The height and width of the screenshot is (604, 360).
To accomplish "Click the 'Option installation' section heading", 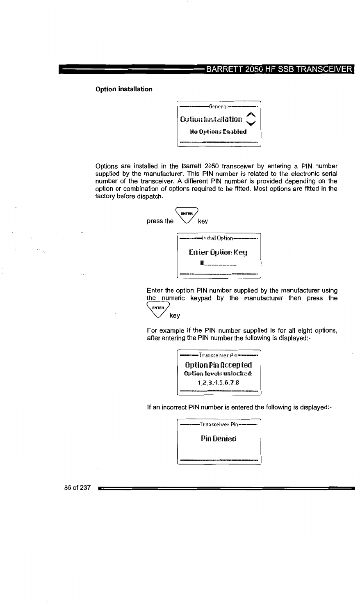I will click(x=124, y=89).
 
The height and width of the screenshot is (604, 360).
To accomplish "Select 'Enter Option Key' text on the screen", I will click(x=218, y=252).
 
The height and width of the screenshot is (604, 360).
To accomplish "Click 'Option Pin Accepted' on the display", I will click(x=218, y=365).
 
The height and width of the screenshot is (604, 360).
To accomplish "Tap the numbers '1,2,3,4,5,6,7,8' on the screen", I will click(x=218, y=382).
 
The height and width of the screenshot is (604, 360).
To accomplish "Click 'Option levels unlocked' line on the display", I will click(x=218, y=373).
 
